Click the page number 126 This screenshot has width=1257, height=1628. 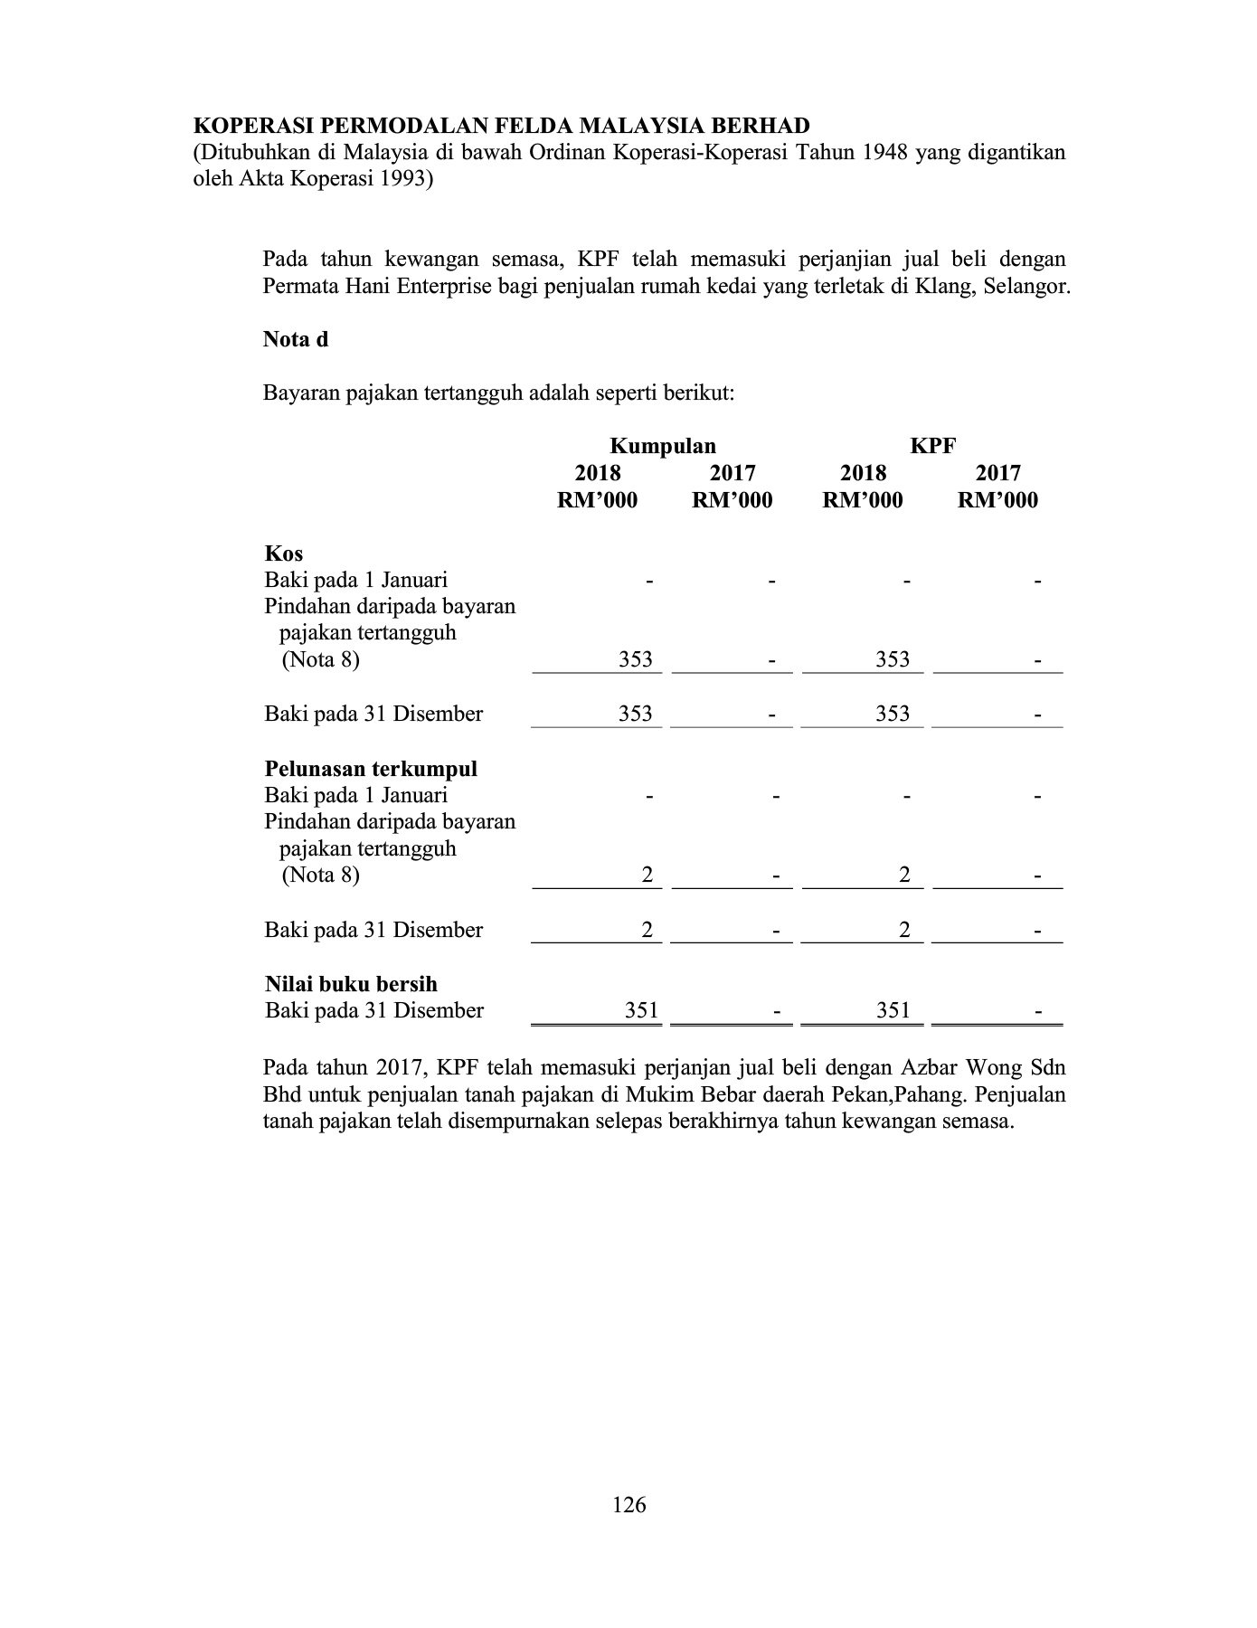coord(629,1505)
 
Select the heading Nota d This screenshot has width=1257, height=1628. coord(296,340)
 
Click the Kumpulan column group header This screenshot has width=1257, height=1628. coord(663,446)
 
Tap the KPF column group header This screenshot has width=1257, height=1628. coord(933,446)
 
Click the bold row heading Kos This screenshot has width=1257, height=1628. coord(284,554)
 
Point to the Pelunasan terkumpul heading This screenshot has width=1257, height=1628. coord(371,769)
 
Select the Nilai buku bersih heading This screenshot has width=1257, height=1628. coord(351,984)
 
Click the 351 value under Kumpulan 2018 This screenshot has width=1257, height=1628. coord(641,1011)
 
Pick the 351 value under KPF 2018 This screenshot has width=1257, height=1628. coord(893,1011)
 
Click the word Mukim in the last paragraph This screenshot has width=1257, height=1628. coord(658,1095)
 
